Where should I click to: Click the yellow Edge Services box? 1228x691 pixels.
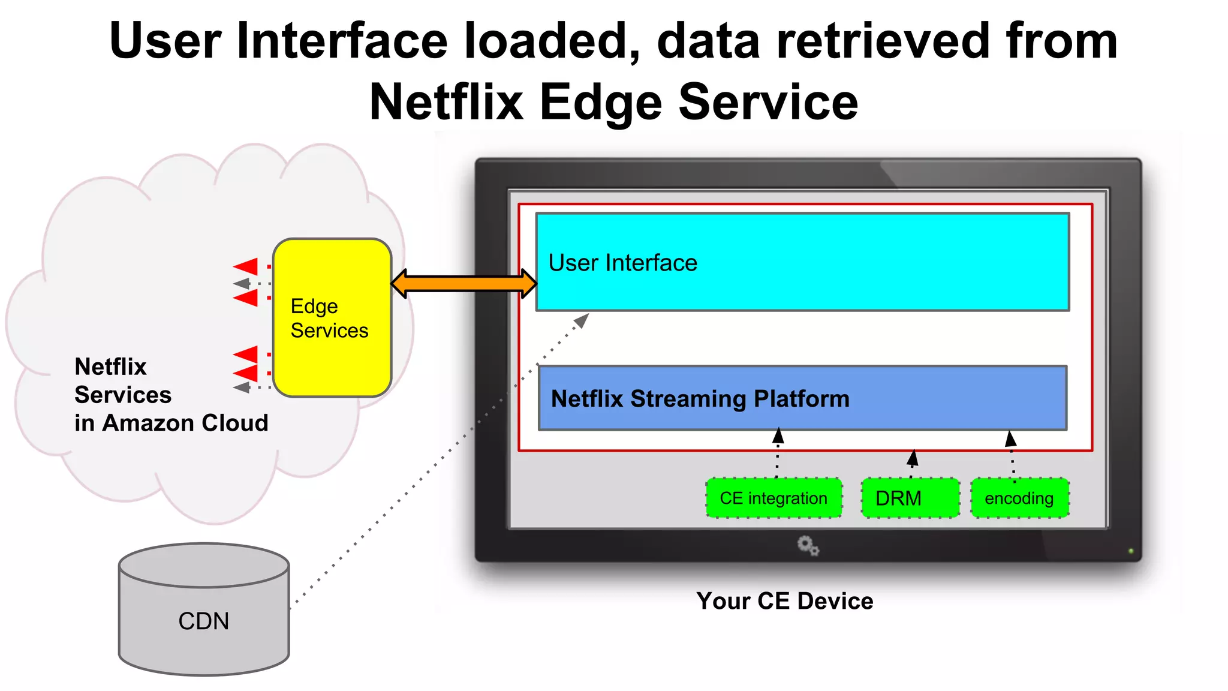332,318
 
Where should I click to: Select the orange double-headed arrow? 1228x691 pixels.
463,284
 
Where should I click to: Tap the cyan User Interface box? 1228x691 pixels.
802,262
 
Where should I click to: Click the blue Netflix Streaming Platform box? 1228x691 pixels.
802,398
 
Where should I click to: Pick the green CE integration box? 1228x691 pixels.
773,498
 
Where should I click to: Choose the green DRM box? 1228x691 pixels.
910,498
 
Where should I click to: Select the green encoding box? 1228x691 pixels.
1019,498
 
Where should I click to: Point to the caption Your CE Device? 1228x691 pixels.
784,601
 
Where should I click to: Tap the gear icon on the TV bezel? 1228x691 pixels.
808,546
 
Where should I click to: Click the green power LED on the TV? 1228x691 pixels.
1131,551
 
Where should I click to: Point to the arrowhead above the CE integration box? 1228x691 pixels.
778,435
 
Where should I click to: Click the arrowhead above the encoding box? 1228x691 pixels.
1010,439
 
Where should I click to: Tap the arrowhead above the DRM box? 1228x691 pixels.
913,458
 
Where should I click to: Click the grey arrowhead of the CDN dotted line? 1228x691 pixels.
582,321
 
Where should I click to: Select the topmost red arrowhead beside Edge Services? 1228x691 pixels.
246,266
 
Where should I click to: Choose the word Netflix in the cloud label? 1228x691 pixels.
110,366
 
